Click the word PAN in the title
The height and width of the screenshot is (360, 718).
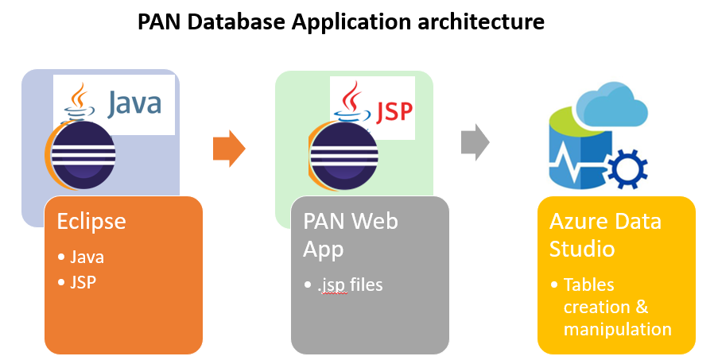157,22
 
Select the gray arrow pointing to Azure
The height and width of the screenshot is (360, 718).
475,141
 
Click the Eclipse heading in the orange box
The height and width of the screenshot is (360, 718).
91,220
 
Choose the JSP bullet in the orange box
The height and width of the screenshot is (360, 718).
84,282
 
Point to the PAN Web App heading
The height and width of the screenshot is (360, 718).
350,234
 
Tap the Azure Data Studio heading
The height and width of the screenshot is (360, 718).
605,234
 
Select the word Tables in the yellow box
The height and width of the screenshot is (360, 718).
589,284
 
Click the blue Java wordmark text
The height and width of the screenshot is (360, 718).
134,104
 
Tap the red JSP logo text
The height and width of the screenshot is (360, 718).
394,109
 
